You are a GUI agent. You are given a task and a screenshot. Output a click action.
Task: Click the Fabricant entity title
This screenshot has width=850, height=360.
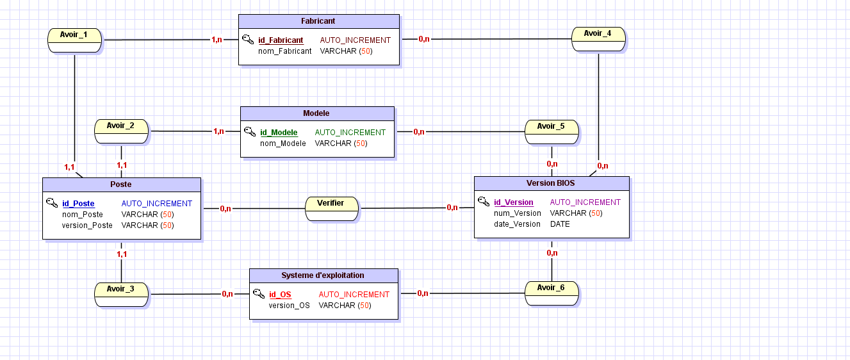coord(318,21)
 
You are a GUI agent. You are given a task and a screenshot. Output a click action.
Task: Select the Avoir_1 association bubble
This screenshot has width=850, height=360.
coord(75,40)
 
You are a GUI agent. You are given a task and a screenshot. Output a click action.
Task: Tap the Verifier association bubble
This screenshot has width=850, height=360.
coord(332,209)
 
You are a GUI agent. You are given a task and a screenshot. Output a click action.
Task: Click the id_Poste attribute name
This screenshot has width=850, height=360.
coord(78,204)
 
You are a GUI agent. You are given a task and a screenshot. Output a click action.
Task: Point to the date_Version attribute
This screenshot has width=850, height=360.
coord(517,224)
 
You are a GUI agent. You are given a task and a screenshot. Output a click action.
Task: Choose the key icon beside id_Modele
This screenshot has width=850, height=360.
coord(250,131)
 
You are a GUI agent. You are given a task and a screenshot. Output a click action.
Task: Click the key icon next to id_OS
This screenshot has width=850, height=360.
coord(259,293)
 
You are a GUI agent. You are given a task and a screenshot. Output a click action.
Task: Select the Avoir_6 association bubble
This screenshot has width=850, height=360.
coord(552,293)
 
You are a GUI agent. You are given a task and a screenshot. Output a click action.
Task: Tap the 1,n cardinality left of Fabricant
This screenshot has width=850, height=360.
coord(217,40)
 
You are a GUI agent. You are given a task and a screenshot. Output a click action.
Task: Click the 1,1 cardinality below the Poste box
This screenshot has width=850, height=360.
coord(122,254)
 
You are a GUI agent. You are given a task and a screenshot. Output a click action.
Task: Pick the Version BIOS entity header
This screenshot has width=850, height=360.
coord(552,184)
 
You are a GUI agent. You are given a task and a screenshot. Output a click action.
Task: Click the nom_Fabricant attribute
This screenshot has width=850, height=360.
coord(284,51)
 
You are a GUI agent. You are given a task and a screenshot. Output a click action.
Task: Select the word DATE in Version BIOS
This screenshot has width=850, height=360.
coord(560,224)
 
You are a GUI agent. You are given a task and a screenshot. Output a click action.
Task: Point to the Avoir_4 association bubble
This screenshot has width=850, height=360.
coord(598,39)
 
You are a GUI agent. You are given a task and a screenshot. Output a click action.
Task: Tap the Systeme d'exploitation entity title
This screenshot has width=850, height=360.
coord(323,275)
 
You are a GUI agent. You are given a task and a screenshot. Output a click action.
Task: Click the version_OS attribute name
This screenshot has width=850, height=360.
coord(289,306)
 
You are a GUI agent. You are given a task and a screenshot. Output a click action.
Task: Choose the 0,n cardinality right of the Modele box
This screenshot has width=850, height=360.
coord(419,132)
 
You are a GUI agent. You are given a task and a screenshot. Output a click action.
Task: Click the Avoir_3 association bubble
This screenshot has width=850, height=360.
coord(122,295)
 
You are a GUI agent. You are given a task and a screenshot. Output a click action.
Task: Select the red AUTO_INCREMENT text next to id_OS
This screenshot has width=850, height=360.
coord(354,295)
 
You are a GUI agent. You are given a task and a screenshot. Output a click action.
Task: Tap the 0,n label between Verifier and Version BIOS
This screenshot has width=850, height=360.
coord(452,208)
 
